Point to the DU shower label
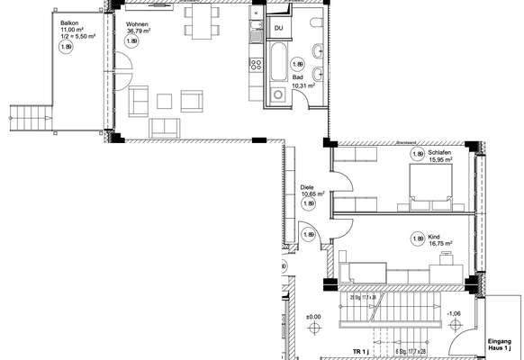click(x=280, y=30)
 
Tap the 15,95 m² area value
click(x=439, y=161)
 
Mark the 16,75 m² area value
click(x=439, y=242)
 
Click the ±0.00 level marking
click(x=313, y=317)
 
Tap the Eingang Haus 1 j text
click(x=499, y=346)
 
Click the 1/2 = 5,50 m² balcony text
click(x=78, y=35)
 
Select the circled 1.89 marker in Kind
click(x=418, y=238)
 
